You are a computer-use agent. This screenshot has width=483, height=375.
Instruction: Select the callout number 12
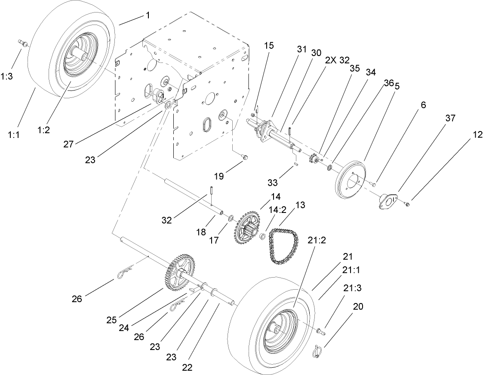click(477, 135)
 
